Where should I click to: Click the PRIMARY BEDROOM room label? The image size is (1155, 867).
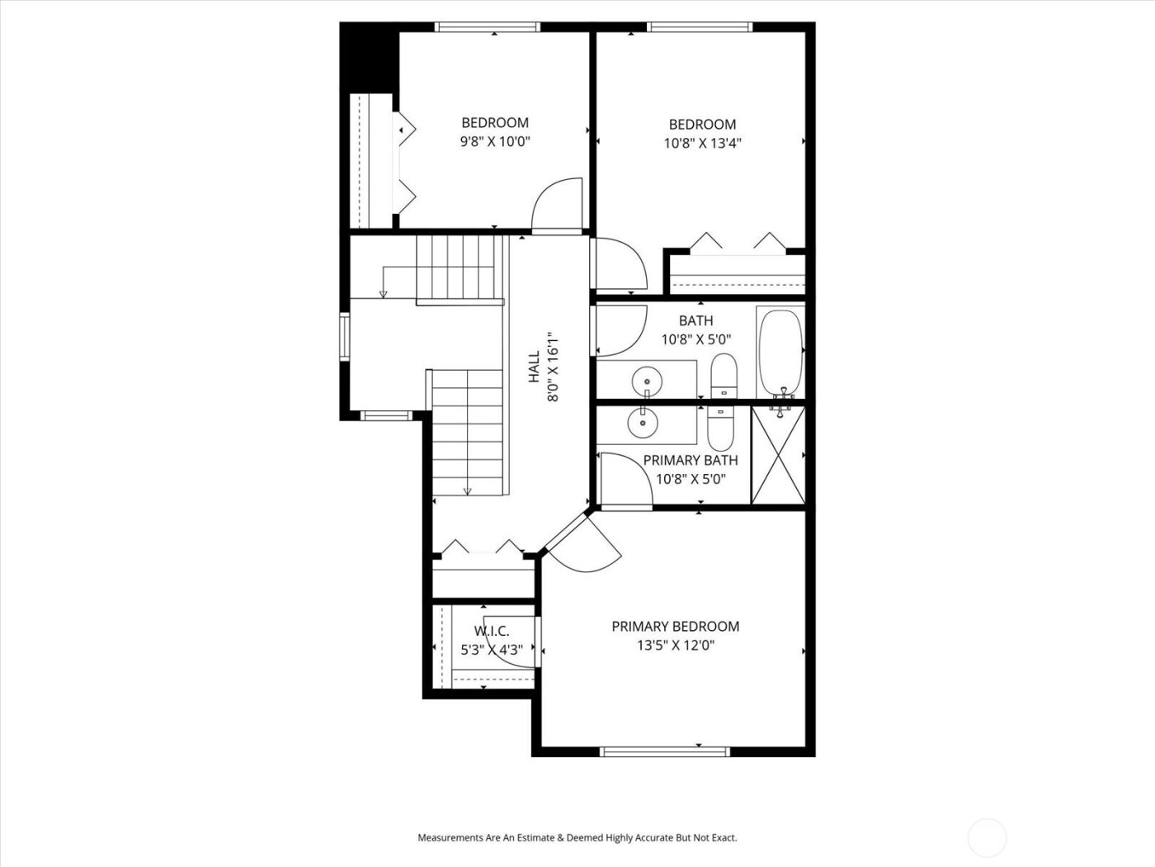click(x=675, y=627)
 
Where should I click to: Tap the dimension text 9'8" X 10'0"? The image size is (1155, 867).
click(x=494, y=141)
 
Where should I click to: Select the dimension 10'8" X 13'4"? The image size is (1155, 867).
click(x=702, y=143)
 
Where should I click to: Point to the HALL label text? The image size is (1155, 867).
click(x=534, y=367)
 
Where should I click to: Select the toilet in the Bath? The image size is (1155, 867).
click(x=724, y=376)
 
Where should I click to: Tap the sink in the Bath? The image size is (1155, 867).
click(x=646, y=381)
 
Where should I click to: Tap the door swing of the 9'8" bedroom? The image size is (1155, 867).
click(x=559, y=206)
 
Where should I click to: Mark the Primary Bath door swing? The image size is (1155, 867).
click(x=625, y=480)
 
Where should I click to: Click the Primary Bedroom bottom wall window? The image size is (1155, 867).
click(x=664, y=751)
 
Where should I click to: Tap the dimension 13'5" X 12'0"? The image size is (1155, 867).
click(x=675, y=646)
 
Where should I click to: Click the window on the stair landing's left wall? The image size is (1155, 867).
click(x=346, y=336)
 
